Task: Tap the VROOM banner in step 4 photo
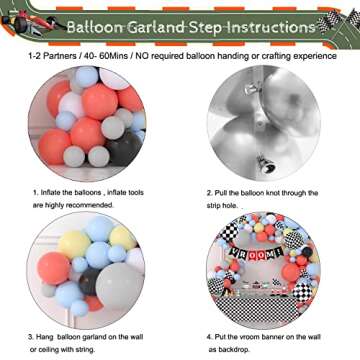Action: coord(266,253)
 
